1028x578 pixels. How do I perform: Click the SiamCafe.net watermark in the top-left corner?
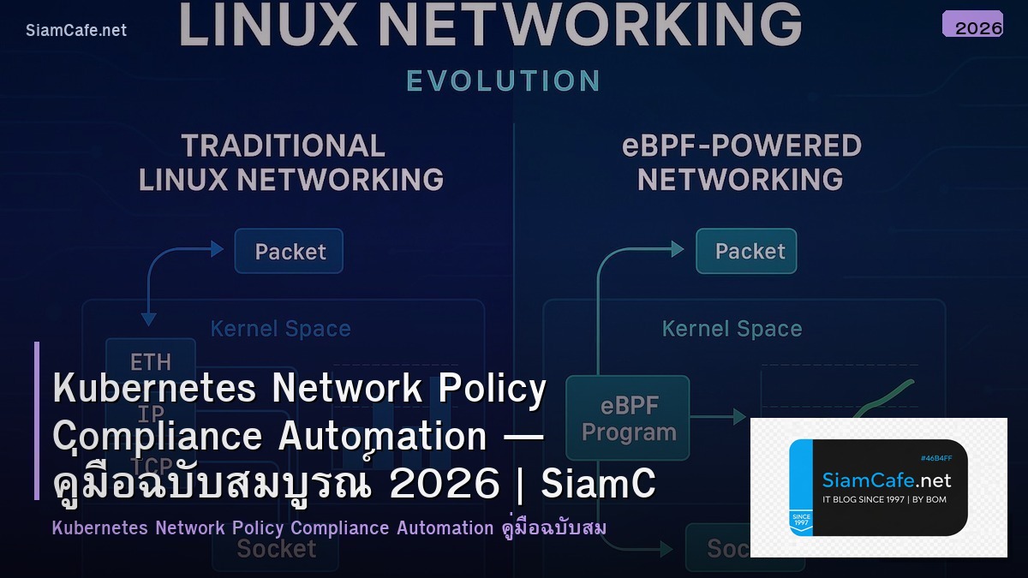click(x=76, y=30)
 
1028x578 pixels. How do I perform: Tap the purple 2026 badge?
click(x=972, y=24)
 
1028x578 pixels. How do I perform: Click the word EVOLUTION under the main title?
click(x=503, y=80)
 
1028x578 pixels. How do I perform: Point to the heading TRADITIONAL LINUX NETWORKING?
click(x=290, y=163)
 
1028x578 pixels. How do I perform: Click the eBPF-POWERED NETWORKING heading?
click(x=741, y=163)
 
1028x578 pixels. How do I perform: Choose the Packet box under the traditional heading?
click(x=290, y=251)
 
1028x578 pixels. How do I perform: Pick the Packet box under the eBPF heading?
click(x=746, y=251)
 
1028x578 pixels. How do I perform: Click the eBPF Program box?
click(x=628, y=420)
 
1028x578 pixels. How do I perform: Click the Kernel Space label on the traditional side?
click(x=280, y=329)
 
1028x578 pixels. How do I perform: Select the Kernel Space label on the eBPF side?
click(x=732, y=329)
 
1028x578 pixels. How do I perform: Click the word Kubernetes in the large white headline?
click(x=154, y=390)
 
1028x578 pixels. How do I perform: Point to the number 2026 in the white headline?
click(x=444, y=485)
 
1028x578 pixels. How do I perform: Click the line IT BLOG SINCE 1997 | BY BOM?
click(x=884, y=499)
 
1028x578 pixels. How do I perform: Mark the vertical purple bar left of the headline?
click(x=37, y=420)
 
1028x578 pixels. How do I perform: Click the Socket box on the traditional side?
click(x=276, y=548)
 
